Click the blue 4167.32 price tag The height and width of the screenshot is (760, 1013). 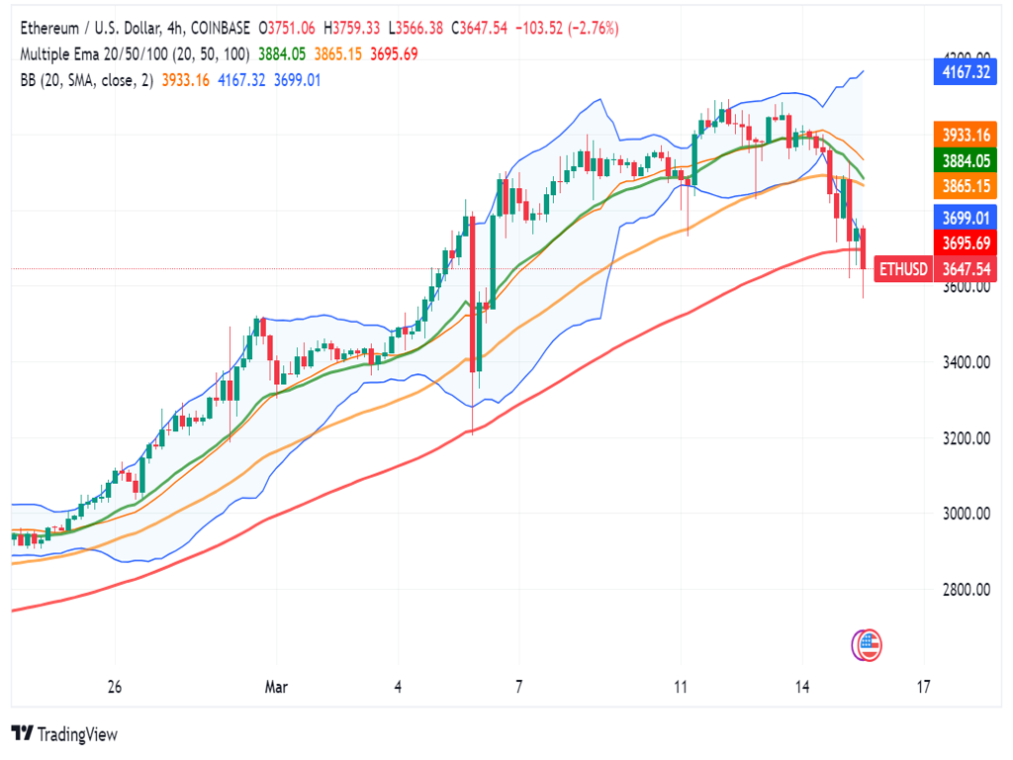coord(964,71)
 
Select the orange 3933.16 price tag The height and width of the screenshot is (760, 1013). coord(964,135)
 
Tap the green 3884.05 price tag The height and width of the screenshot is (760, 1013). coord(964,160)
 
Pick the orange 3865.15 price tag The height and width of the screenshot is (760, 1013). coord(964,185)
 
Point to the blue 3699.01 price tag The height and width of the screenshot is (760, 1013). coord(964,218)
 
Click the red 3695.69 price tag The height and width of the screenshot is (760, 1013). coord(964,242)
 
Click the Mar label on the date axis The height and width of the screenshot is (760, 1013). coord(277,686)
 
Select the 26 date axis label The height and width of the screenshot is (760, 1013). coord(115,686)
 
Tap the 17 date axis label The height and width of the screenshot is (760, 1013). coord(924,686)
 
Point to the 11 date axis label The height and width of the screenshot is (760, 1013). coord(681,686)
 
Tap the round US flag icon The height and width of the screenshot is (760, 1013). coord(868,646)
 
